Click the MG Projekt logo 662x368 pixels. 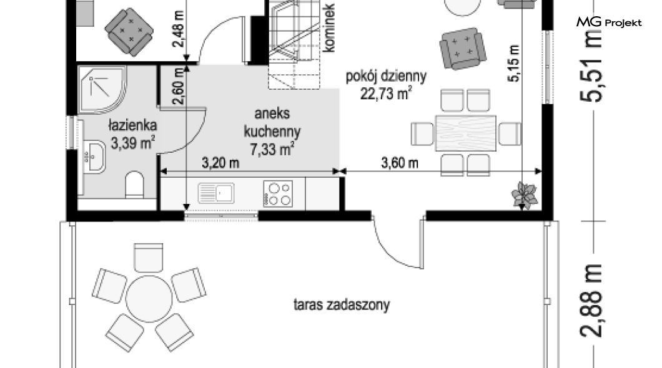pyautogui.click(x=609, y=22)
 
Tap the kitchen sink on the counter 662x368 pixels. pyautogui.click(x=216, y=193)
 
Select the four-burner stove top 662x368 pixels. pyautogui.click(x=278, y=193)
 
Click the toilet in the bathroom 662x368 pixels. pyautogui.click(x=135, y=185)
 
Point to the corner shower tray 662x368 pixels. pyautogui.click(x=102, y=89)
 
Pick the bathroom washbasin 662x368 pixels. pyautogui.click(x=94, y=157)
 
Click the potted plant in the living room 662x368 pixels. pyautogui.click(x=525, y=195)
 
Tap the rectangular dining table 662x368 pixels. pyautogui.click(x=466, y=133)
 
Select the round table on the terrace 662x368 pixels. pyautogui.click(x=149, y=299)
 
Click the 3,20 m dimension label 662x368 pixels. pyautogui.click(x=220, y=163)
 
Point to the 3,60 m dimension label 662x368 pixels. pyautogui.click(x=400, y=163)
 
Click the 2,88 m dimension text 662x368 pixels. pyautogui.click(x=591, y=301)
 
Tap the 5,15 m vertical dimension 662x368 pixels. pyautogui.click(x=514, y=63)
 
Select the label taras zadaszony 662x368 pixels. pyautogui.click(x=342, y=304)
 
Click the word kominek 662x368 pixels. pyautogui.click(x=329, y=28)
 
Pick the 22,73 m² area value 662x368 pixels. pyautogui.click(x=386, y=94)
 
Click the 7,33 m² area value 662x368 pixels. pyautogui.click(x=272, y=149)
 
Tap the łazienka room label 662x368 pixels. pyautogui.click(x=132, y=125)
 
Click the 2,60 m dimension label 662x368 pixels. pyautogui.click(x=179, y=86)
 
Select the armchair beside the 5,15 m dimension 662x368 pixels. pyautogui.click(x=462, y=49)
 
